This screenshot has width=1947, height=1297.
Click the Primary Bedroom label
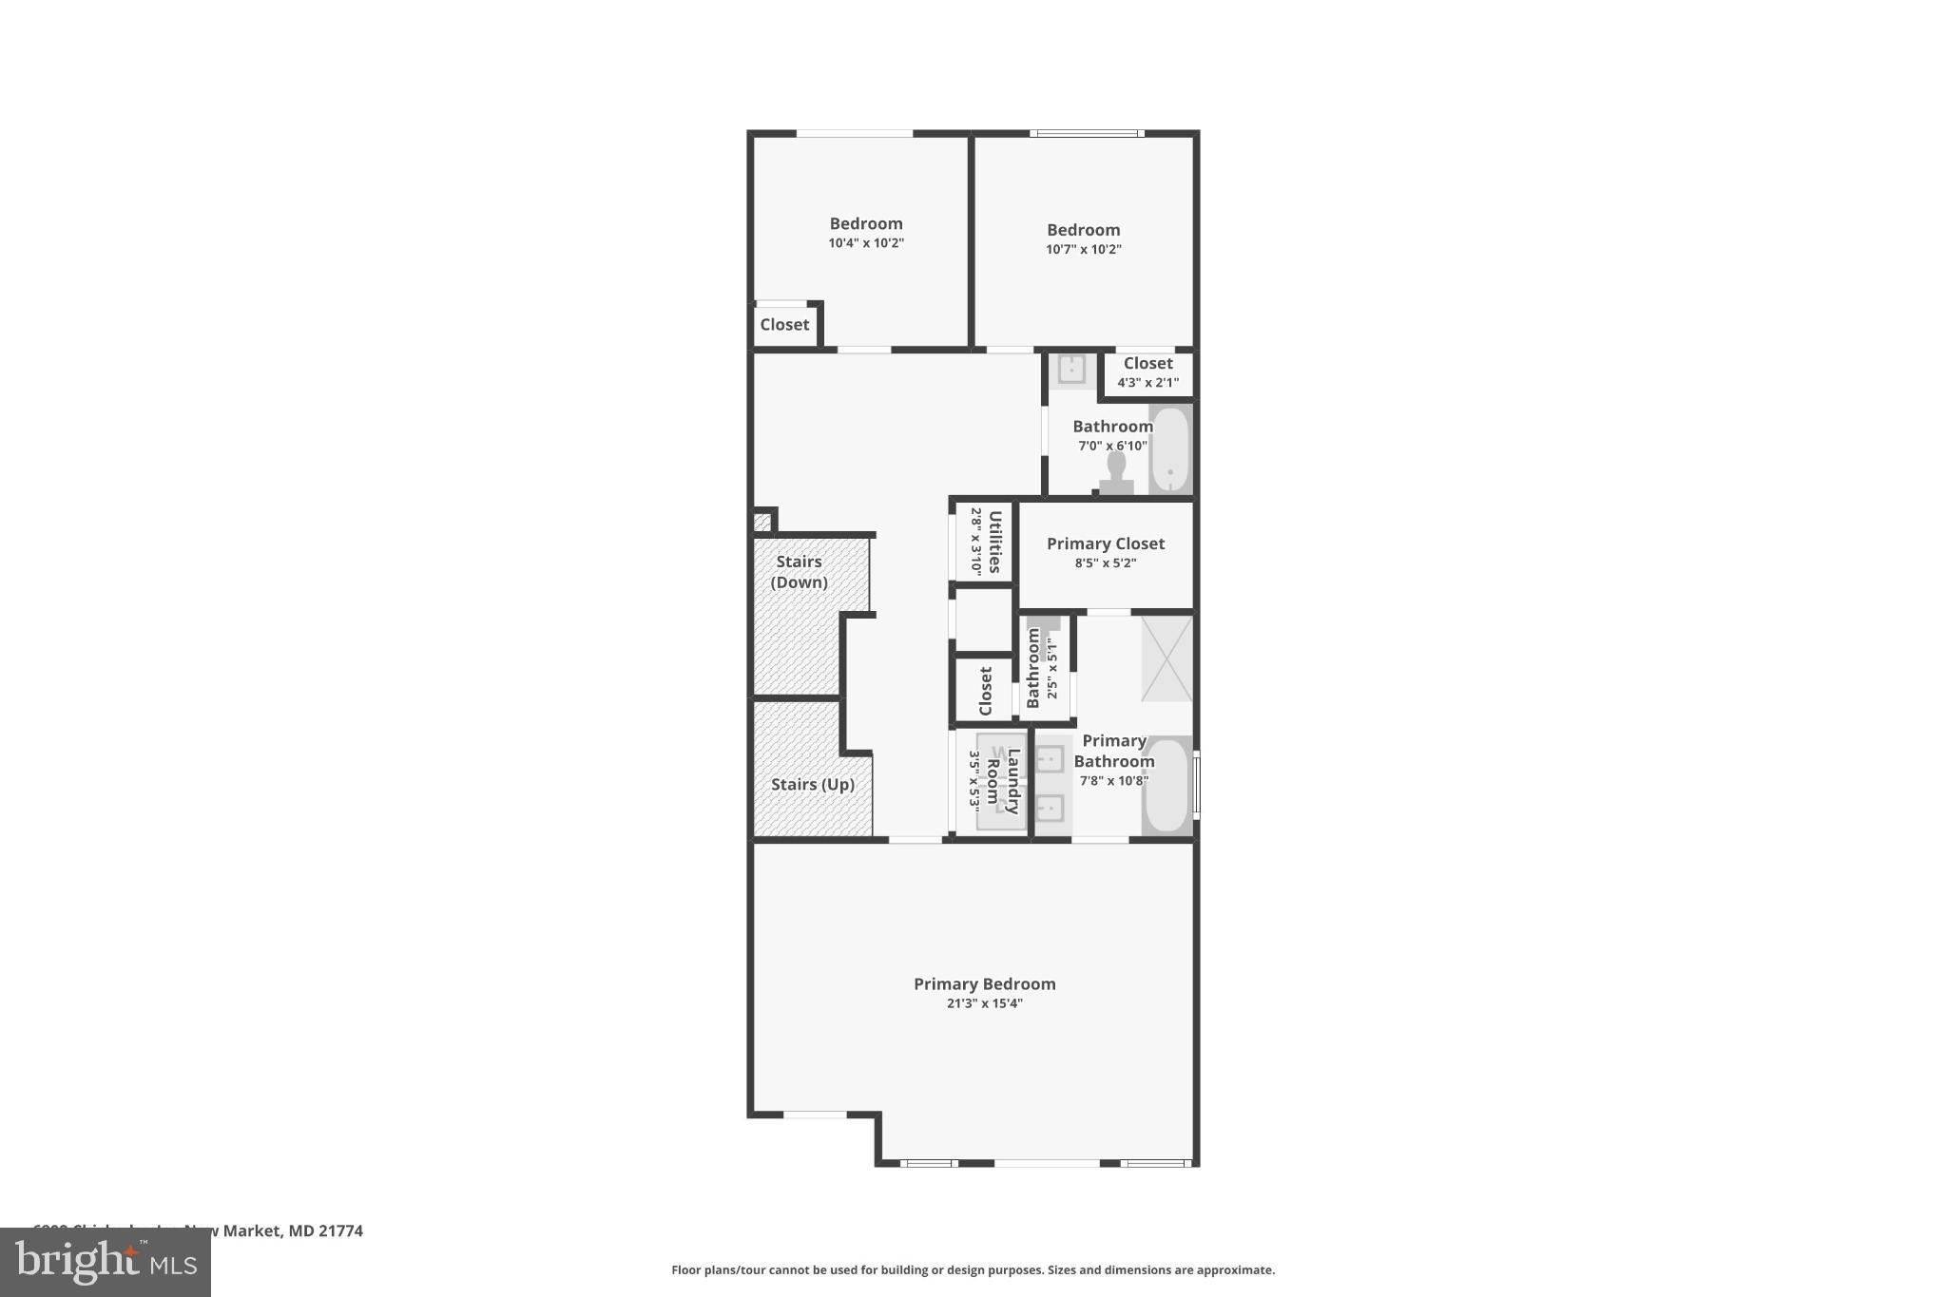(984, 983)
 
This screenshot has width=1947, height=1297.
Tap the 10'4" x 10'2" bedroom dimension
(865, 243)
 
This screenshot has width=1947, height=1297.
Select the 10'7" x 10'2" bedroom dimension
(1083, 250)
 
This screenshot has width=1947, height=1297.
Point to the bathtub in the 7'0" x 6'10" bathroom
(1170, 449)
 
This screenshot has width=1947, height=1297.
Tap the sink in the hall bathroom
(1071, 369)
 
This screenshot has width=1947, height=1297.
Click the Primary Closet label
(1105, 544)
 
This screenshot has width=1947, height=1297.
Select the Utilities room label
(994, 542)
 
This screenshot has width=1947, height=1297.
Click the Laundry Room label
(1003, 781)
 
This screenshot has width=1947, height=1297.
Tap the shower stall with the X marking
(1166, 658)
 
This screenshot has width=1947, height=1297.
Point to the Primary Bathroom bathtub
(1166, 787)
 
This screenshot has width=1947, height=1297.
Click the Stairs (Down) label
(799, 572)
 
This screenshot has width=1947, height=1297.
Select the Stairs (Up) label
(812, 784)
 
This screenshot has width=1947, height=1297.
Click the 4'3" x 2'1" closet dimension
(1147, 383)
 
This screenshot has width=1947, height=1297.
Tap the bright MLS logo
(106, 1262)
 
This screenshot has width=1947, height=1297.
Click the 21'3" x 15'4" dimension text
(984, 1003)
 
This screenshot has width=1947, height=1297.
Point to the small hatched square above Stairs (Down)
(762, 522)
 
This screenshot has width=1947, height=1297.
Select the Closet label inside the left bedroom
(784, 325)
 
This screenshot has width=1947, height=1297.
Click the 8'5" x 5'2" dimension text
(1105, 563)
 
